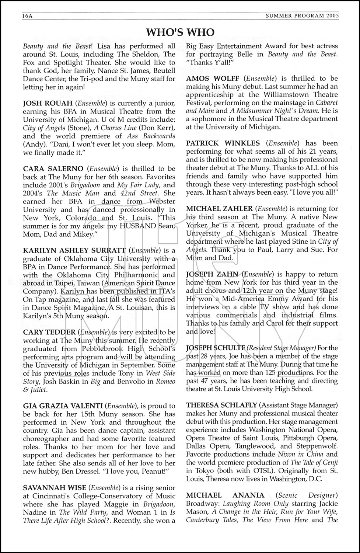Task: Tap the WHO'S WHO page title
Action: point(180,32)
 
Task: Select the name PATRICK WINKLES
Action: point(223,143)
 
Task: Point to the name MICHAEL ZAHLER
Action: point(220,209)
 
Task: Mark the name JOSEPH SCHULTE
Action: point(216,348)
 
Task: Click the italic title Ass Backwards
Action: point(151,136)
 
